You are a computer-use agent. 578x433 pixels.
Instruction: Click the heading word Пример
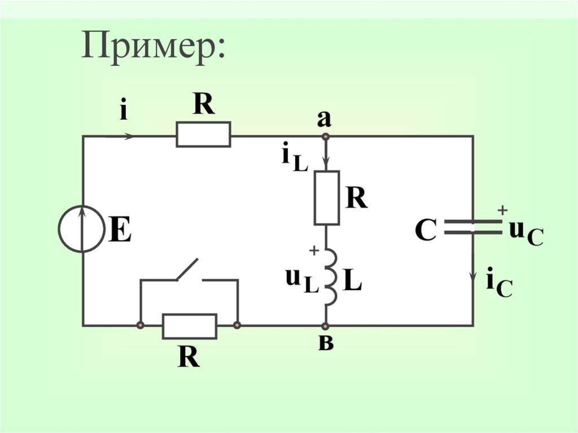(154, 47)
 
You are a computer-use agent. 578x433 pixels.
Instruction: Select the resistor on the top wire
(203, 135)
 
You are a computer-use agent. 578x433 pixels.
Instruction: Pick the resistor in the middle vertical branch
(326, 198)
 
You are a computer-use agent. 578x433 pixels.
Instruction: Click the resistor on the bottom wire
(189, 326)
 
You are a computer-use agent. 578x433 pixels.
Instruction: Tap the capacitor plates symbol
(472, 228)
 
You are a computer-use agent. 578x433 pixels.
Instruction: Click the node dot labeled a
(325, 136)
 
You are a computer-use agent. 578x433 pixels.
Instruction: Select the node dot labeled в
(325, 326)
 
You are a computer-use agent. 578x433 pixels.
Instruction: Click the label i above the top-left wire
(122, 110)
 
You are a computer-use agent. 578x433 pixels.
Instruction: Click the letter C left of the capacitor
(425, 230)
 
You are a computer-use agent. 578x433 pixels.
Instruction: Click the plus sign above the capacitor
(501, 209)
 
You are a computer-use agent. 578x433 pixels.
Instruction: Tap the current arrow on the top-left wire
(128, 136)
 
